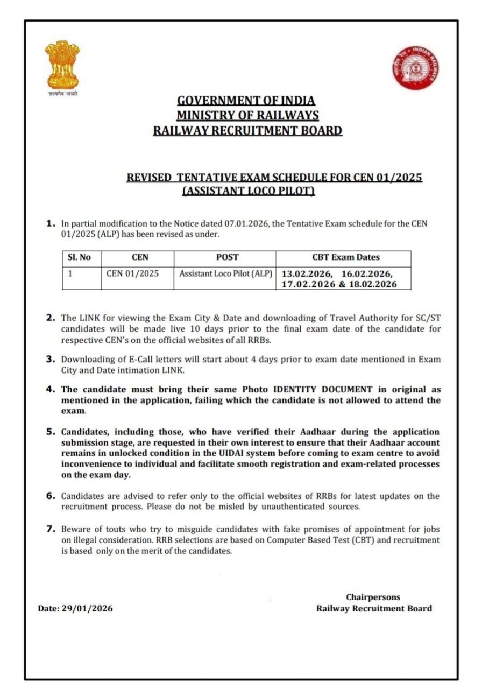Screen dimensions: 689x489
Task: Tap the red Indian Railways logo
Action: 416,66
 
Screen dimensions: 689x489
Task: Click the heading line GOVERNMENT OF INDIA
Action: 246,101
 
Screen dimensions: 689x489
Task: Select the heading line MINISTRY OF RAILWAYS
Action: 247,115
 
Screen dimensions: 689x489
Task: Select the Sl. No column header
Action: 80,257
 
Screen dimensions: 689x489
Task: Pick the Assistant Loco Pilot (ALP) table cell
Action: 226,273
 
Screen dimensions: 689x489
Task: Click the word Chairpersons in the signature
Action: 373,597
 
